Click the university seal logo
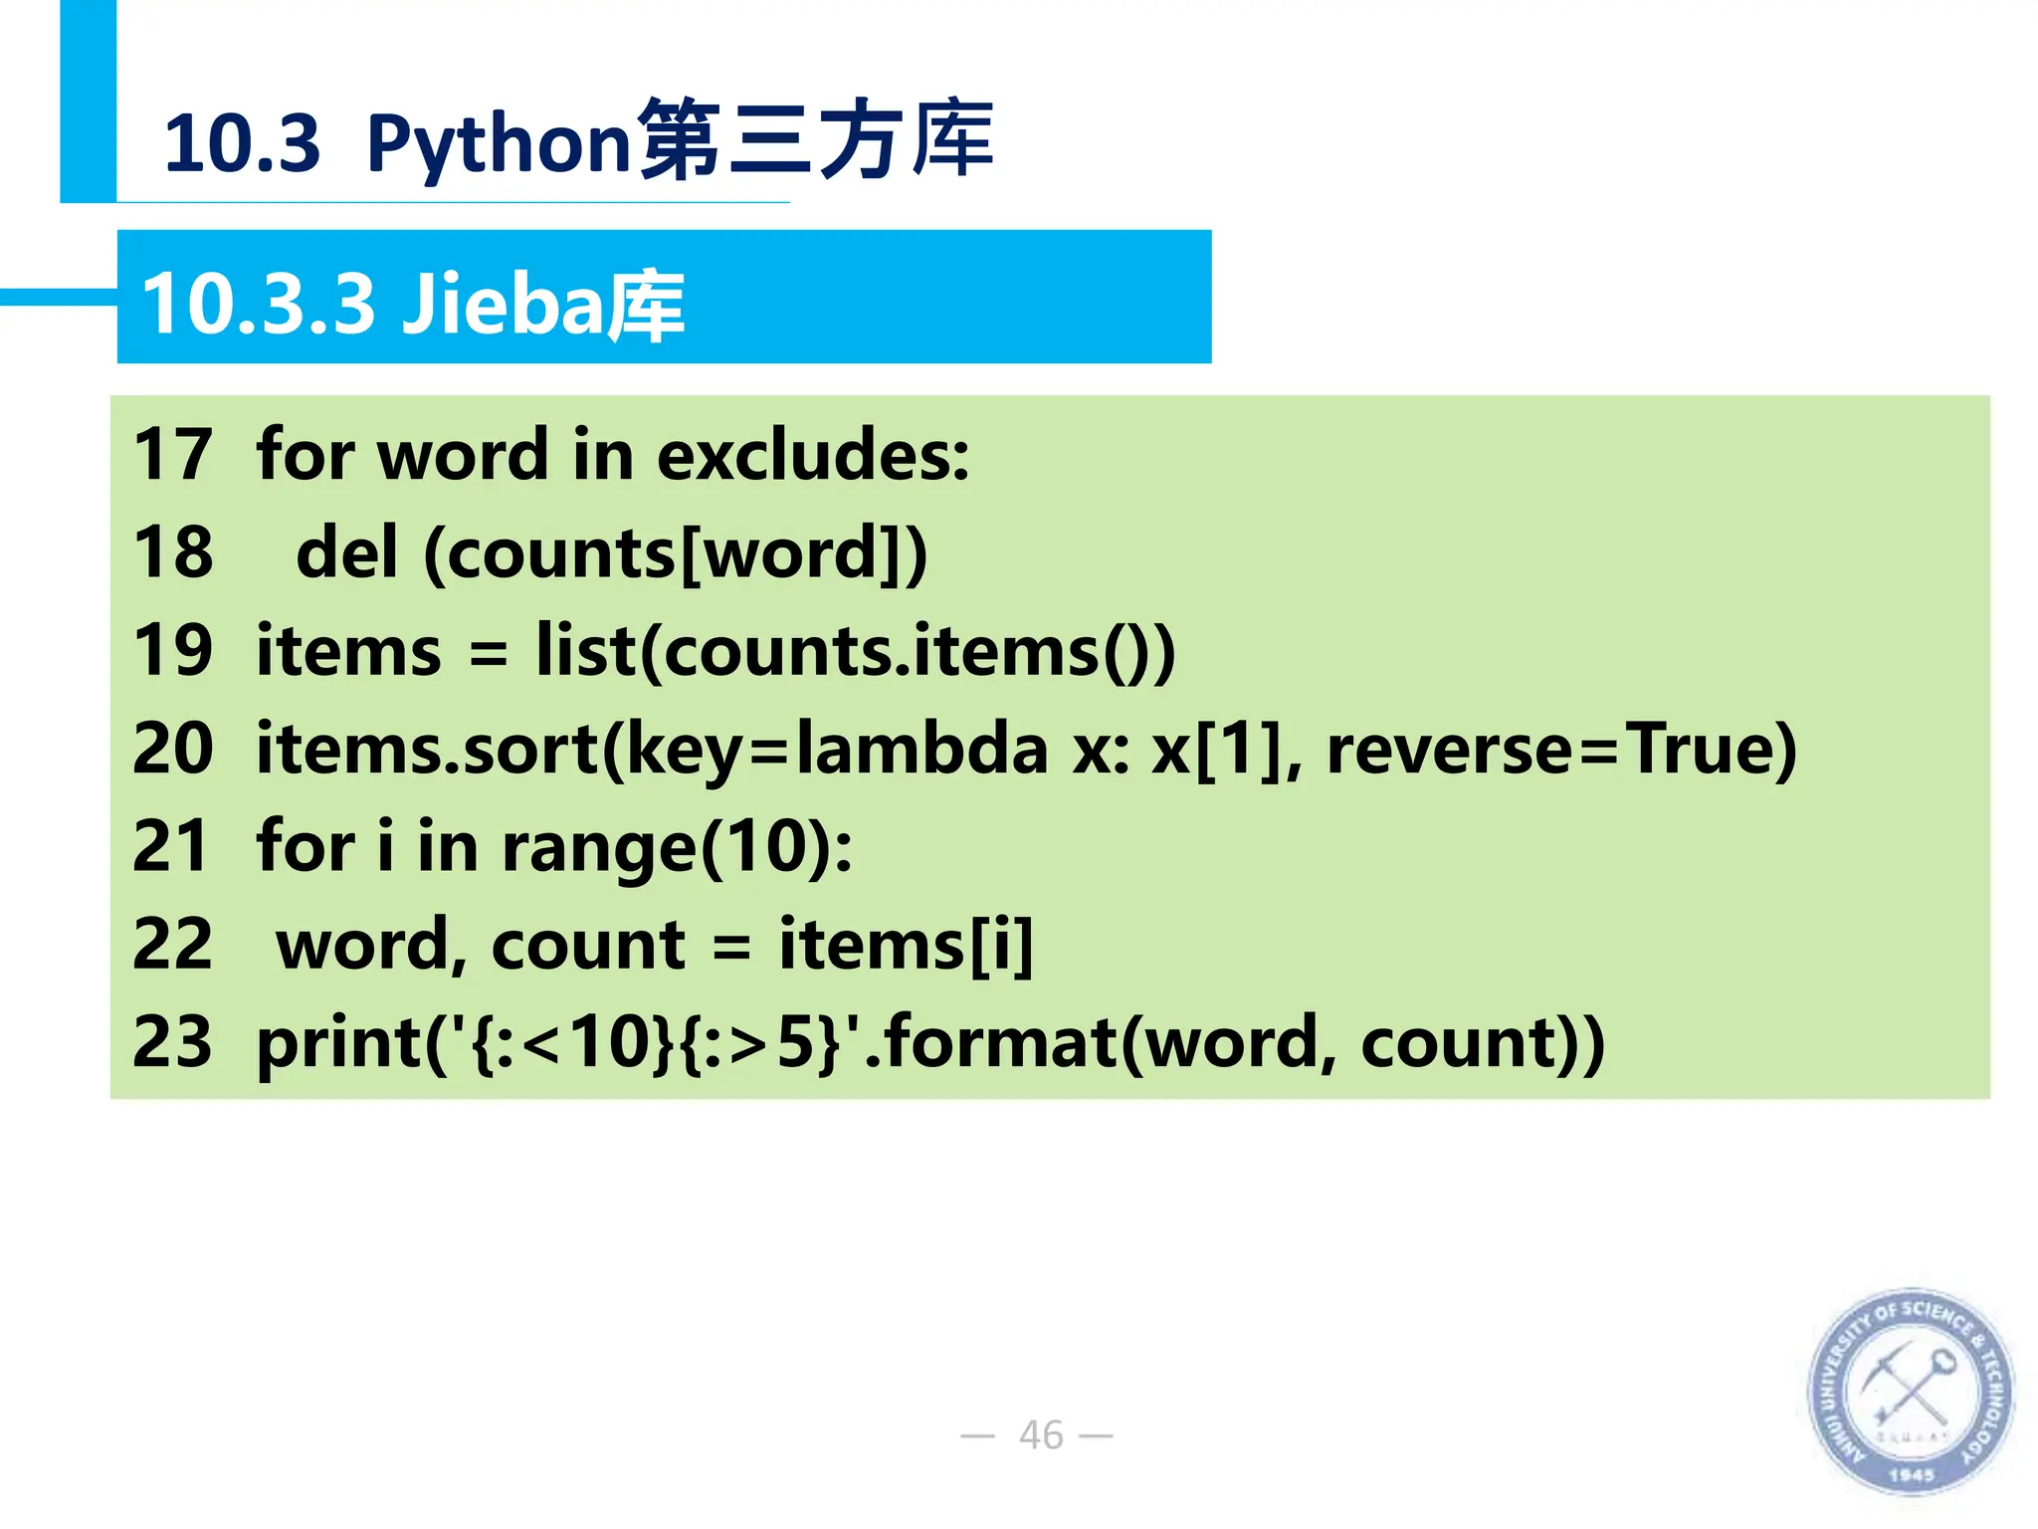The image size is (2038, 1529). click(x=1910, y=1391)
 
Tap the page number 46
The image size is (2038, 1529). click(x=1041, y=1434)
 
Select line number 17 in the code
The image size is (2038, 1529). click(x=173, y=454)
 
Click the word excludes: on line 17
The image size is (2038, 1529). click(x=812, y=454)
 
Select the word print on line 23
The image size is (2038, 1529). click(x=339, y=1043)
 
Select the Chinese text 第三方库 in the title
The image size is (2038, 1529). click(x=816, y=139)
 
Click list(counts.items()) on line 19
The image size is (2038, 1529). click(x=856, y=651)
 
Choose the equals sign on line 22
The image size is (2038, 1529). click(x=731, y=946)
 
